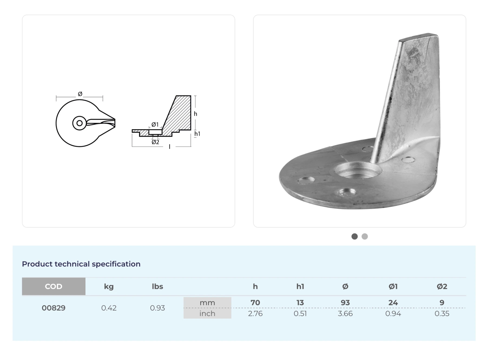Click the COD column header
point(54,286)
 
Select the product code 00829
point(54,308)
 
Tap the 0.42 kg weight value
point(109,308)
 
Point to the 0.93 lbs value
point(157,308)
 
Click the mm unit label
point(207,303)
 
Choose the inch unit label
point(207,313)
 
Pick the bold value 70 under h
point(255,303)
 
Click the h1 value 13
point(300,303)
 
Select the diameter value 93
point(345,303)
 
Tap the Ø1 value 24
point(393,303)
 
